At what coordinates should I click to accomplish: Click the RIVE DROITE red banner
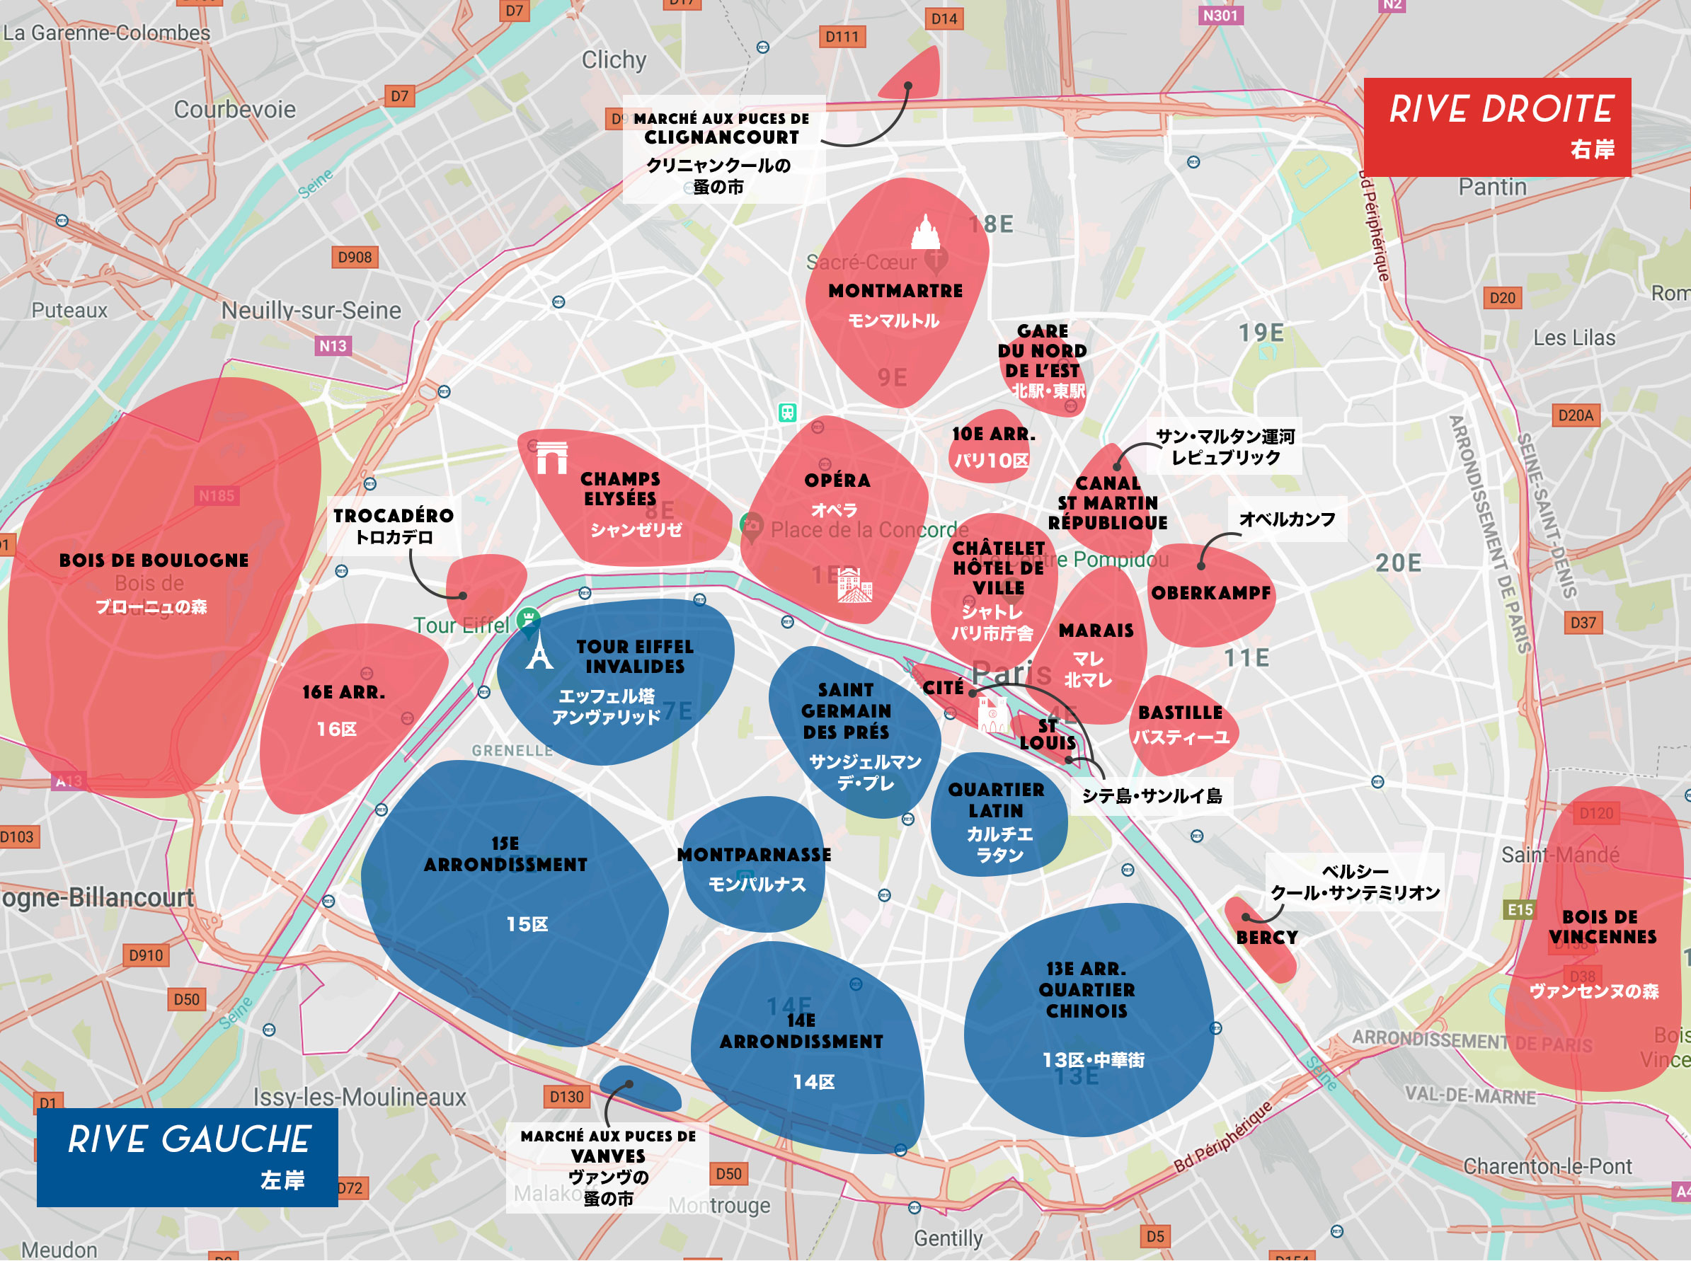pos(1496,127)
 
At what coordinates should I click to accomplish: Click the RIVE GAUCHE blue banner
pos(187,1156)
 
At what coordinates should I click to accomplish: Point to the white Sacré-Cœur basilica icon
pos(925,232)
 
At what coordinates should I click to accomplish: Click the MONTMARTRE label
pos(895,291)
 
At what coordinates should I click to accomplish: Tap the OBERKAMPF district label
pos(1211,593)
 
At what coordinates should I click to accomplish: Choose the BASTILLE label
pos(1180,713)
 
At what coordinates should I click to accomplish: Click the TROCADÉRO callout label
pos(393,517)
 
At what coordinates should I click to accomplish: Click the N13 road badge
pos(333,346)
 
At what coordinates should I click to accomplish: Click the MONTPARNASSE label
pos(755,855)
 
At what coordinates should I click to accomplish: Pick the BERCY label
pos(1266,938)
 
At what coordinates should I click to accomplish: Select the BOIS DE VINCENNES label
pos(1602,927)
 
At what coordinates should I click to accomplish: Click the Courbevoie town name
pos(234,109)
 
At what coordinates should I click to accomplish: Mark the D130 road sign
pos(566,1097)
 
